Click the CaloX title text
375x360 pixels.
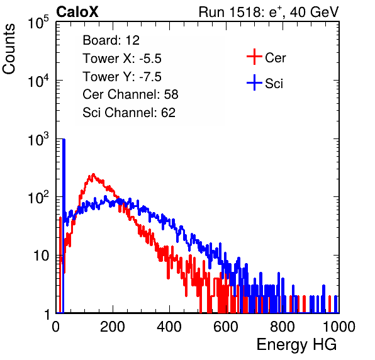77,12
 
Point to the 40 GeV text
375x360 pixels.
314,12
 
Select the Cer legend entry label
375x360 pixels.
275,58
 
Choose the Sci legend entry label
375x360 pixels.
274,84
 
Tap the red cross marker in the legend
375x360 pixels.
254,57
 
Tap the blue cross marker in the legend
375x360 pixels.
254,82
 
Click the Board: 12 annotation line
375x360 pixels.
111,40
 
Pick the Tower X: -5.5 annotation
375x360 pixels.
122,59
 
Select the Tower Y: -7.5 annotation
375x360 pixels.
122,77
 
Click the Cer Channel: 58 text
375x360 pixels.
130,94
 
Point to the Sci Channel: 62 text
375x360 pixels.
129,113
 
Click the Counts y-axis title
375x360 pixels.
9,49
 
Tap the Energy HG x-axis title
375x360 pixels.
296,345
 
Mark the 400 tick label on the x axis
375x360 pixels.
169,327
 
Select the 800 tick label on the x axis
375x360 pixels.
283,327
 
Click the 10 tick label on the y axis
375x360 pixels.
42,256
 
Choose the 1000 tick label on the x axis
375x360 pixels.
339,327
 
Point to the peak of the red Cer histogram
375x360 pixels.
93,174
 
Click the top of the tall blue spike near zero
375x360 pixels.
64,140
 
